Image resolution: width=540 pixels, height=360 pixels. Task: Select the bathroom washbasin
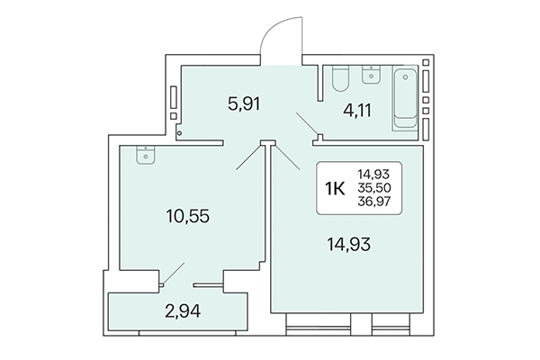pyautogui.click(x=370, y=75)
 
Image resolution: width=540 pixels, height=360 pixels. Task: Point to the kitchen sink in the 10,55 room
pyautogui.click(x=144, y=157)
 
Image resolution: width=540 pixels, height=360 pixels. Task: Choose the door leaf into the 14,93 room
pyautogui.click(x=292, y=159)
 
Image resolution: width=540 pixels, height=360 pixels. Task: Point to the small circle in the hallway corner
pyautogui.click(x=179, y=132)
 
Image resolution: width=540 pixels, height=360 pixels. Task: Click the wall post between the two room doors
pyautogui.click(x=267, y=143)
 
